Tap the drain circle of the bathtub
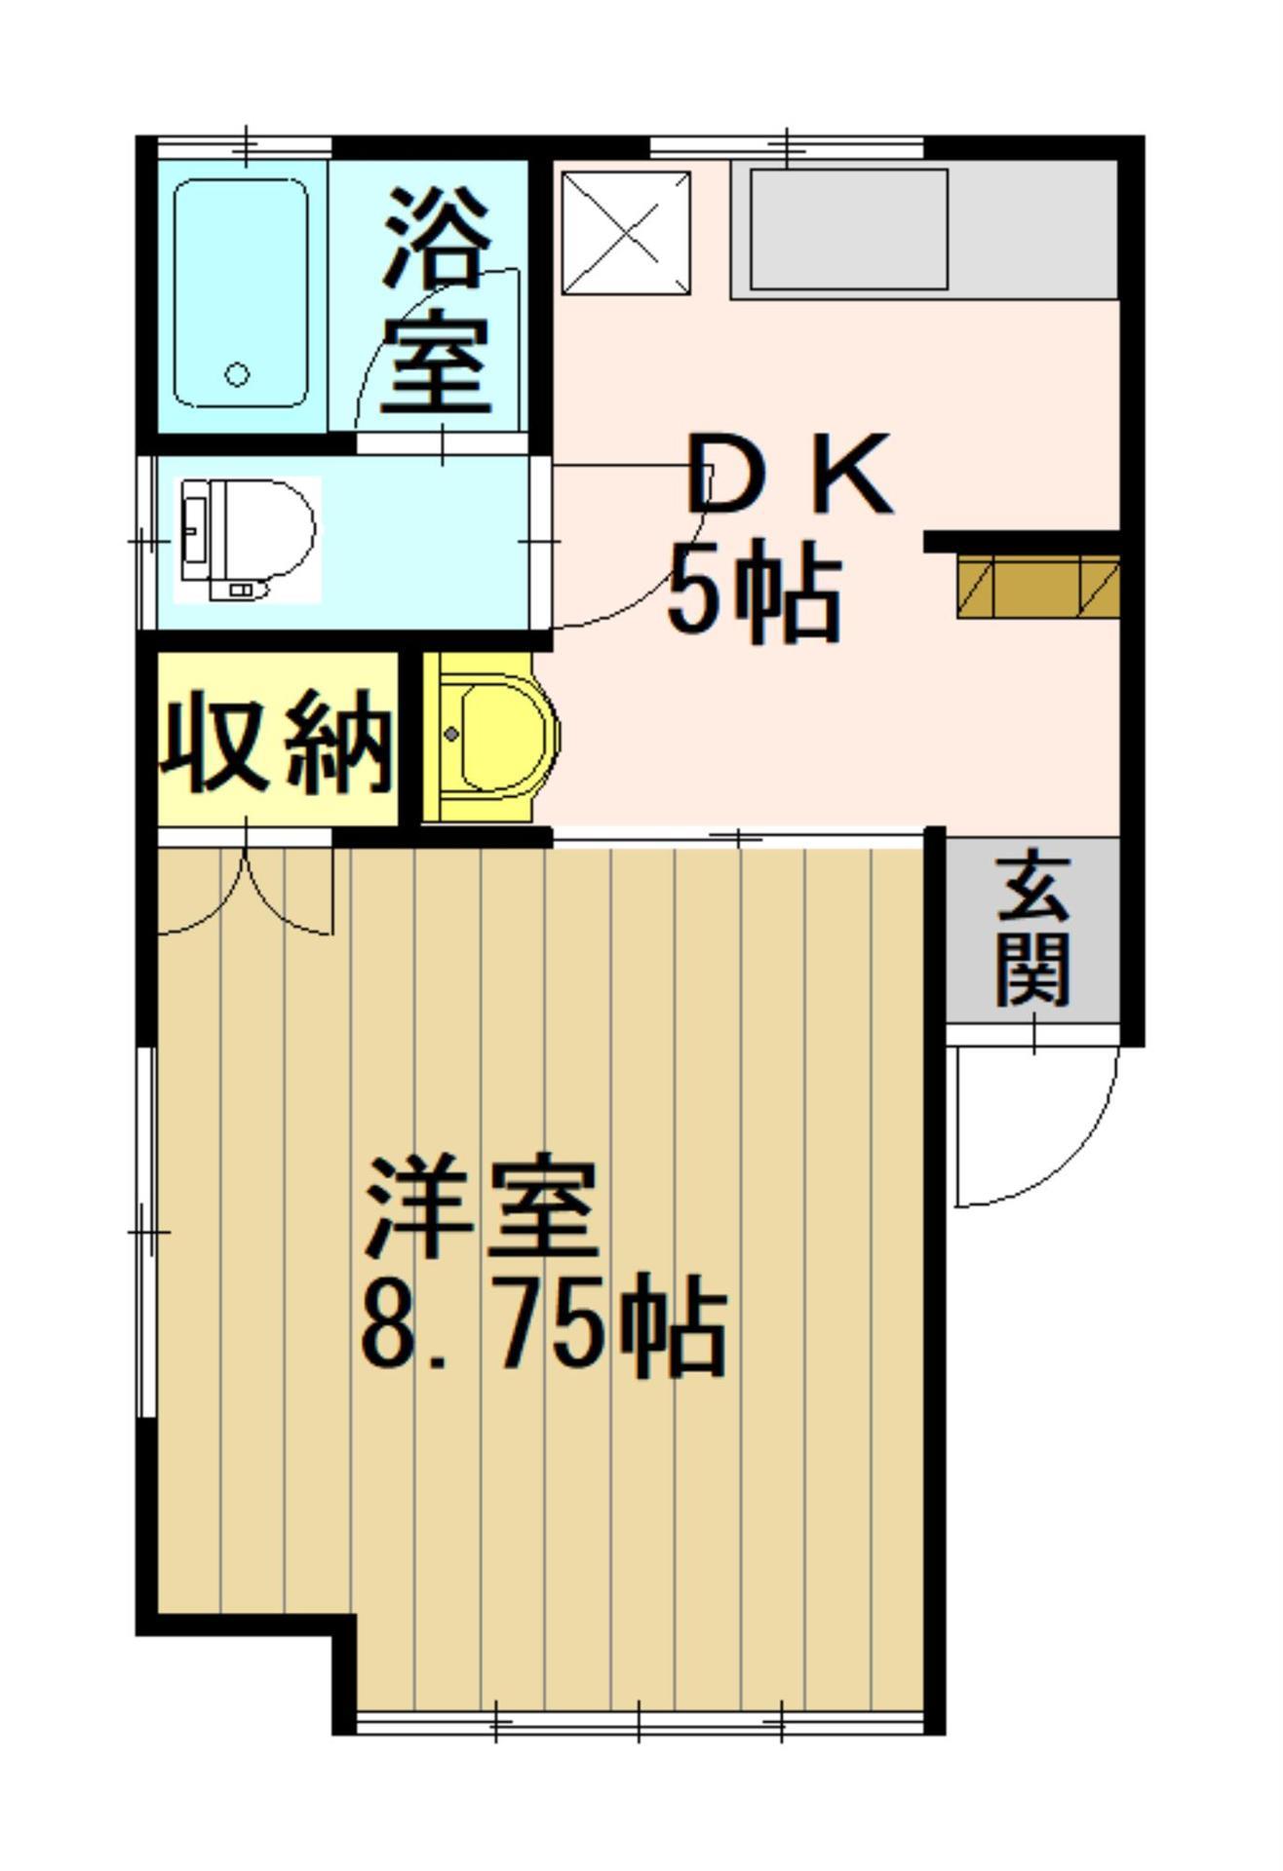pos(237,373)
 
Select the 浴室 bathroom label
pos(435,302)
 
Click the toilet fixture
pos(248,538)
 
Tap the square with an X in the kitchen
pos(627,232)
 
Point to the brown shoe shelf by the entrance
pos(1037,586)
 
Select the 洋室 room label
pos(480,1208)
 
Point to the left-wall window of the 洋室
pos(146,1233)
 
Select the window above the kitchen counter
pos(786,147)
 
